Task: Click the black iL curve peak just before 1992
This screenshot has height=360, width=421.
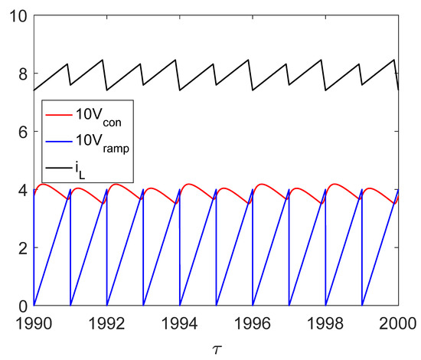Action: (x=103, y=60)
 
